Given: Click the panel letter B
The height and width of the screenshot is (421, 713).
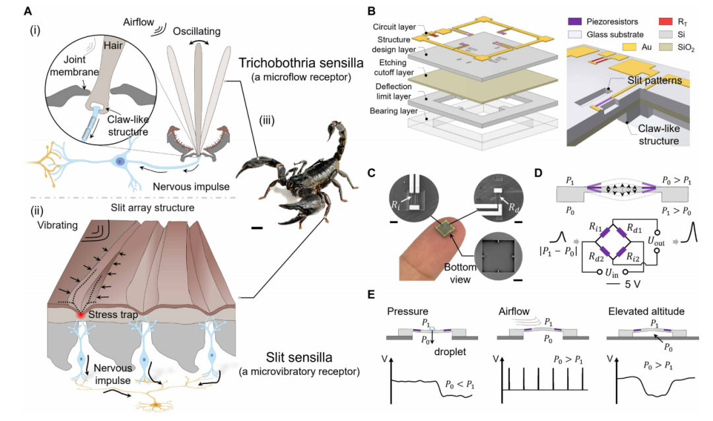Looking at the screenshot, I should tap(372, 11).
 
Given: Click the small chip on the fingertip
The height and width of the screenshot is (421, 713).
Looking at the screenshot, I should tap(446, 228).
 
